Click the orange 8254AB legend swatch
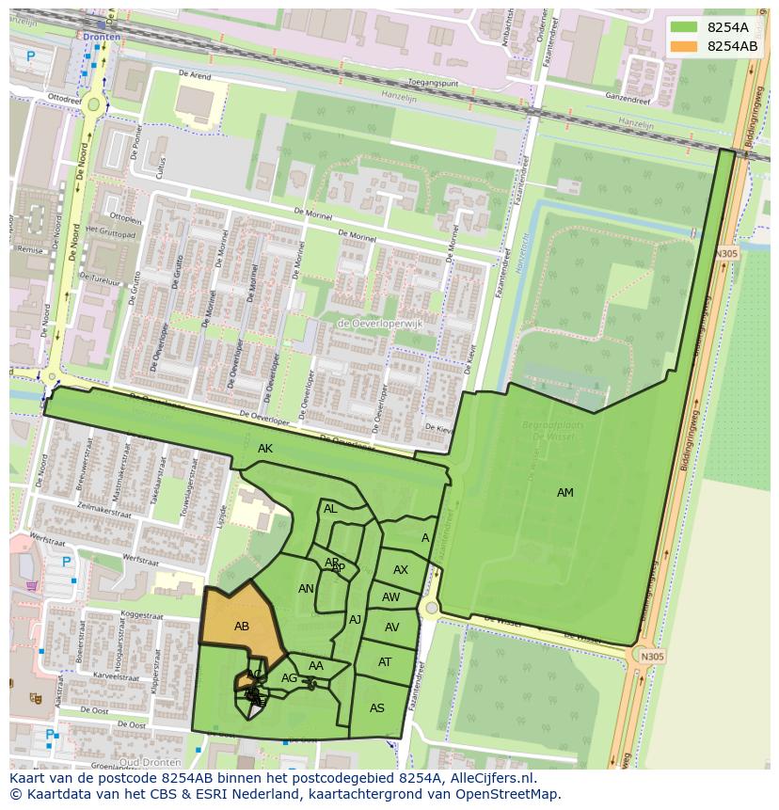tap(685, 46)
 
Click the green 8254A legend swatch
tap(685, 27)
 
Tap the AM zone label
tap(564, 493)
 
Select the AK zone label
tap(265, 449)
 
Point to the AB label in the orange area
tap(242, 627)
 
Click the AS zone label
tap(377, 708)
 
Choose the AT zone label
tap(385, 662)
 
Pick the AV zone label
tap(392, 627)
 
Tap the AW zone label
tap(391, 597)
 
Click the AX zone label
tap(401, 570)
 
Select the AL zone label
tap(330, 509)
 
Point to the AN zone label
tap(306, 589)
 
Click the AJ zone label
tap(355, 619)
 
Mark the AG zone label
tap(289, 678)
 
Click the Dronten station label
tap(102, 37)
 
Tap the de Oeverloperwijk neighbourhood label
tap(380, 324)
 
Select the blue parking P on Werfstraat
tap(66, 563)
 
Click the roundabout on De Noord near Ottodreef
tap(94, 104)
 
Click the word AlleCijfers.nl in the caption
tap(489, 778)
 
